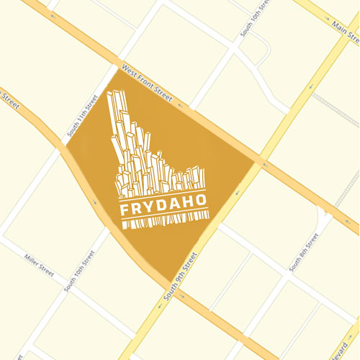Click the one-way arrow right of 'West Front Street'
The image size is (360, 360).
[x=179, y=106]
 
